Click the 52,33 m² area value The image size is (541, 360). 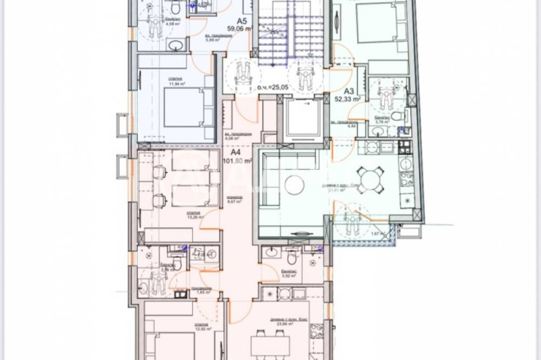click(x=349, y=99)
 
